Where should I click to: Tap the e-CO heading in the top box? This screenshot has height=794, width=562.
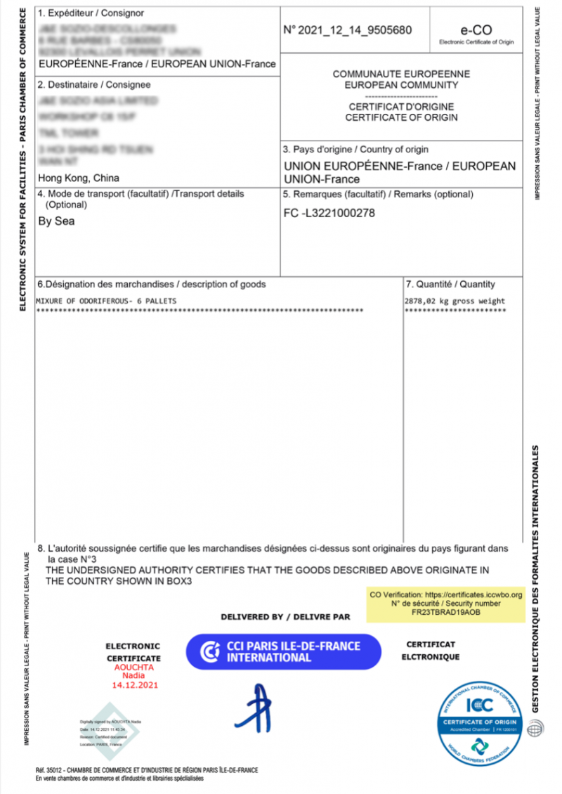coord(476,30)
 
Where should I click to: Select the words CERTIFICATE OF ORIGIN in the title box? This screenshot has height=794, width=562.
coord(401,117)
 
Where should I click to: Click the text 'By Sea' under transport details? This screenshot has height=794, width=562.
coord(55,221)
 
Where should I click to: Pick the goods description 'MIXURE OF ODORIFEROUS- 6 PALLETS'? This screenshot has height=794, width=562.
coord(106,301)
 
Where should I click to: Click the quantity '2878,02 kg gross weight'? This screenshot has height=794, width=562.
coord(455,301)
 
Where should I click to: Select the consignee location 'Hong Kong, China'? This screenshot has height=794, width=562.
coord(78,178)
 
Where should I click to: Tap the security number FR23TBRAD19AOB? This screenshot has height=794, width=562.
coord(445,612)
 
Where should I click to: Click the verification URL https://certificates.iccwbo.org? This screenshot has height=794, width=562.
coord(474,595)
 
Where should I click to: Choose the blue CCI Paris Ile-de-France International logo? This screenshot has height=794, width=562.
coord(283,651)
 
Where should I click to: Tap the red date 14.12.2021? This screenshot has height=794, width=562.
coord(133,684)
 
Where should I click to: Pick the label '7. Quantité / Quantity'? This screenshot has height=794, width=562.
coord(450,285)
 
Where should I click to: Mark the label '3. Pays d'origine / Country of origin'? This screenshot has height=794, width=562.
coord(355,150)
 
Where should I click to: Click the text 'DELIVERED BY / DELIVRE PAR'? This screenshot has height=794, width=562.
coord(285,617)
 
